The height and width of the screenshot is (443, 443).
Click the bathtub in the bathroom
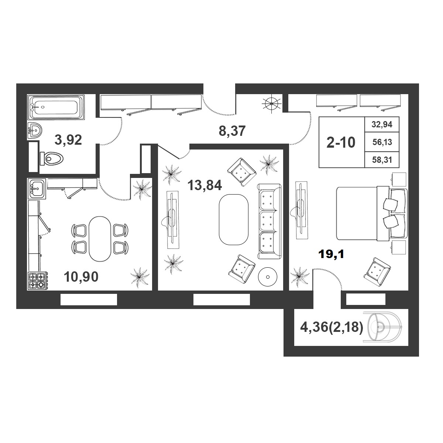point(56,107)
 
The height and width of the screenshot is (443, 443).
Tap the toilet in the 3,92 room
point(52,158)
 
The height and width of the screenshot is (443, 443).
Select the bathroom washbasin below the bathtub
point(35,130)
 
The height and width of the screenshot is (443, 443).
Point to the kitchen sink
point(37,189)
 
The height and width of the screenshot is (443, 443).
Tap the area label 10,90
point(81,277)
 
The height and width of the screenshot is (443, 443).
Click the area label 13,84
point(205,185)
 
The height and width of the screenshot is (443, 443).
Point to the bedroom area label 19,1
point(331,254)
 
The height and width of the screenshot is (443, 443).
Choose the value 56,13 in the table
point(382,142)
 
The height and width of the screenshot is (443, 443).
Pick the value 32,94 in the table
point(382,124)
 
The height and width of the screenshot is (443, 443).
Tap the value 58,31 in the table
point(382,159)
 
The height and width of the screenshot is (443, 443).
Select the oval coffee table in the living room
point(234,220)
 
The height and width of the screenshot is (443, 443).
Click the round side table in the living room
point(268,277)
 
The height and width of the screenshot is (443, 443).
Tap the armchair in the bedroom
point(377,272)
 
